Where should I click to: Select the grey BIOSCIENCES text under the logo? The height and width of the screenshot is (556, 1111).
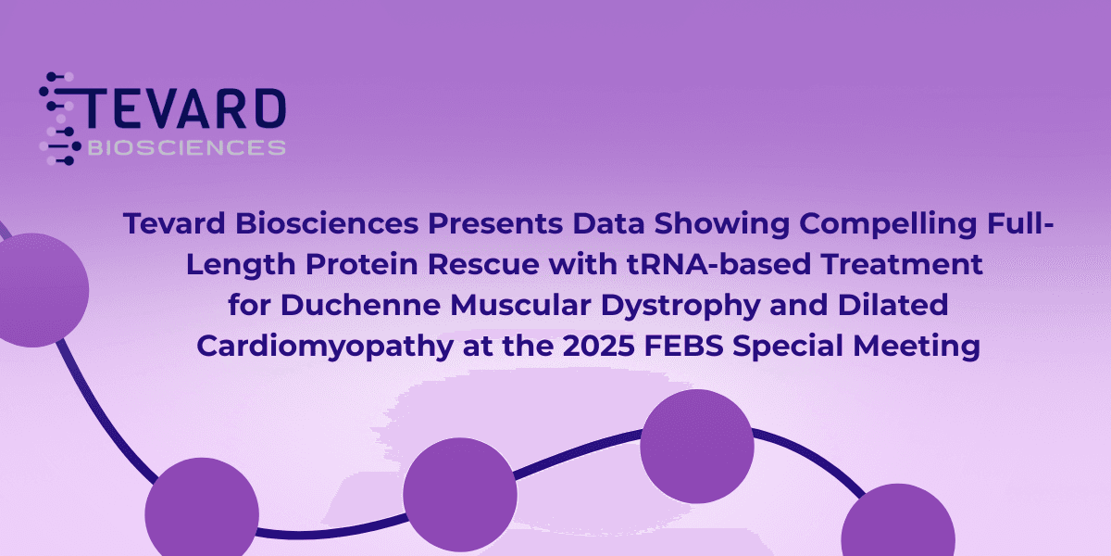point(185,147)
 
